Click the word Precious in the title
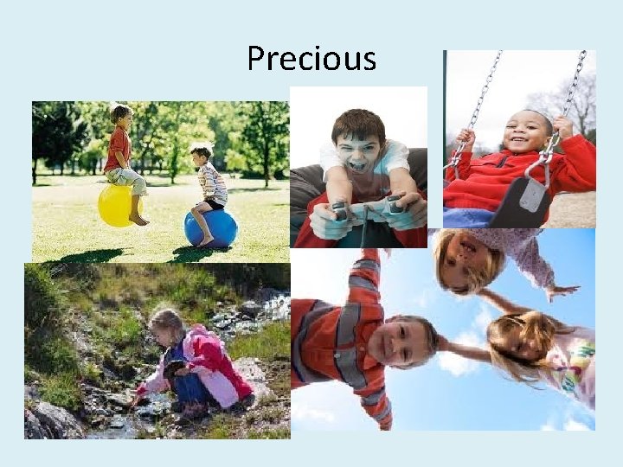[x=311, y=59]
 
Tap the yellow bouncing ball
[x=115, y=206]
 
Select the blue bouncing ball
[x=210, y=228]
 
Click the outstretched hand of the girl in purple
[x=562, y=291]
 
